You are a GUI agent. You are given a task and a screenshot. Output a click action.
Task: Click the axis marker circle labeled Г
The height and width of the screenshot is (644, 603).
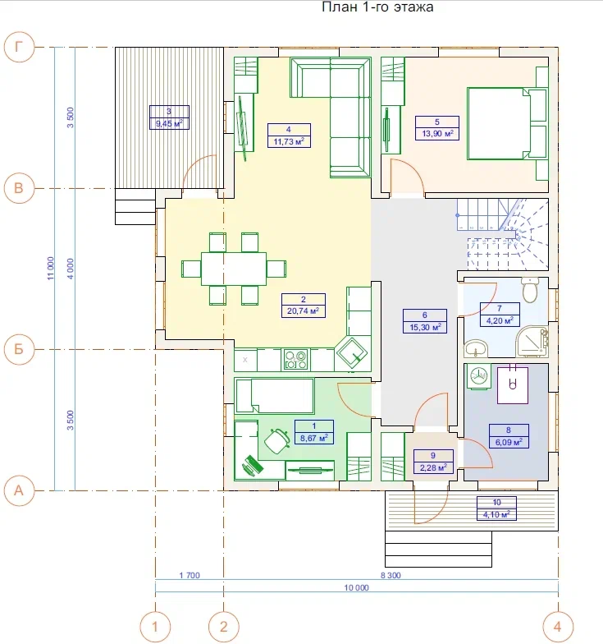[19, 48]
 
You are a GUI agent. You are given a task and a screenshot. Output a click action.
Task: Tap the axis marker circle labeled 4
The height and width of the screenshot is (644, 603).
[558, 626]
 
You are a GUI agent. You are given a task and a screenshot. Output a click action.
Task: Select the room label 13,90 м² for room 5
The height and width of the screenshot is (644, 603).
[437, 133]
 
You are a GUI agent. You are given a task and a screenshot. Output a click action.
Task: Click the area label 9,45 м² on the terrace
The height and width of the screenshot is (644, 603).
[169, 123]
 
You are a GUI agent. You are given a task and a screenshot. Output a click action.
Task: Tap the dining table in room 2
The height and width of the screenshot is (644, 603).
[233, 269]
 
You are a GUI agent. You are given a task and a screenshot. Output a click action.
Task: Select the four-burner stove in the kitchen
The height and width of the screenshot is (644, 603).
[295, 360]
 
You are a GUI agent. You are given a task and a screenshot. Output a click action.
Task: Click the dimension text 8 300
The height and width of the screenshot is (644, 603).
[391, 575]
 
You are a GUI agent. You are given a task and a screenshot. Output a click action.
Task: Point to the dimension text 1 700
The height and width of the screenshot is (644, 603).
[190, 575]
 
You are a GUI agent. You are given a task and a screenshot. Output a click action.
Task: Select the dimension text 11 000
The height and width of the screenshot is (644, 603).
[51, 269]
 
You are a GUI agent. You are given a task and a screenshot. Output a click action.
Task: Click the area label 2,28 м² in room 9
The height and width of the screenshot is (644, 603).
[433, 467]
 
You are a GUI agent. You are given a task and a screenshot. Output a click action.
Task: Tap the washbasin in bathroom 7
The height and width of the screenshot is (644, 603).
[476, 348]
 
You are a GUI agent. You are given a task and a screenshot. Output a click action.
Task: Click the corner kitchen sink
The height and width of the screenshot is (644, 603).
[352, 352]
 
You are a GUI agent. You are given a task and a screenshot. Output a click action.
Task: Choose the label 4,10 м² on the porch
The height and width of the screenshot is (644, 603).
[496, 514]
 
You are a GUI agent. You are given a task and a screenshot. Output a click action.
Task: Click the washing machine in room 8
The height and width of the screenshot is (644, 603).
[478, 376]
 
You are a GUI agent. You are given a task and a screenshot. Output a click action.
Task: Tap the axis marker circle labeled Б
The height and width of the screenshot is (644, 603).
[19, 350]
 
